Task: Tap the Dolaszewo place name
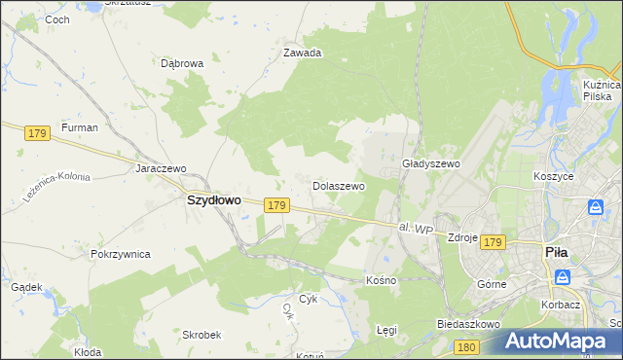point(338,185)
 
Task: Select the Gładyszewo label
point(430,164)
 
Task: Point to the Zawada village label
point(302,54)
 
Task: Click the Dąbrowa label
point(181,63)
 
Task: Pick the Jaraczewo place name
point(161,168)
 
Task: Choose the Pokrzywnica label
point(120,254)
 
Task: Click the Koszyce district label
point(553,176)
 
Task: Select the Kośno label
point(381,280)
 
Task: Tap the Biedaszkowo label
point(468,323)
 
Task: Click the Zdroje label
point(460,236)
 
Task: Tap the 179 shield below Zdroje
point(493,242)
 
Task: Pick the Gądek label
point(25,288)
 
